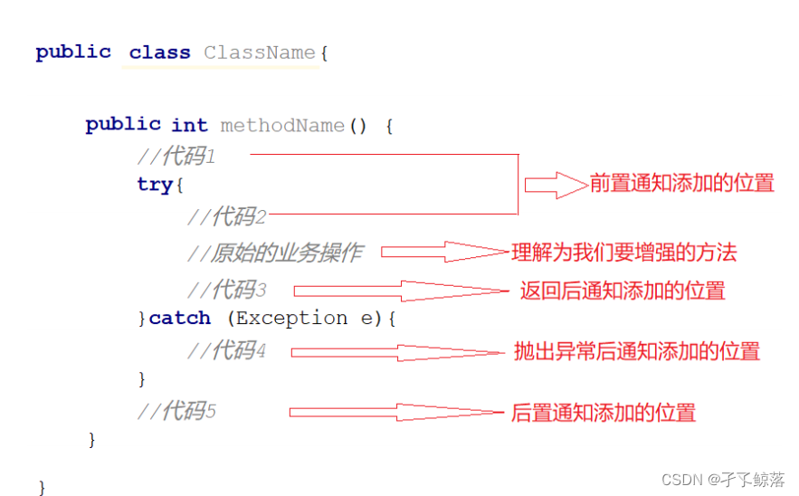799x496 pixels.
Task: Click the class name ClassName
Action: [259, 52]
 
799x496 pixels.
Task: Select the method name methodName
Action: [282, 126]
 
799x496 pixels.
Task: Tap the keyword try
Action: [155, 185]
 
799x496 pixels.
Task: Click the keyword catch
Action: [180, 319]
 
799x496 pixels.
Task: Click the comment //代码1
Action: [176, 157]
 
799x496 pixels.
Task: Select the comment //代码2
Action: [226, 216]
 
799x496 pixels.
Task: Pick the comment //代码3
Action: [226, 291]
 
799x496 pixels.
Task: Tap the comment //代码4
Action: [226, 350]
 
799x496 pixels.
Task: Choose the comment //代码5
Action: [176, 412]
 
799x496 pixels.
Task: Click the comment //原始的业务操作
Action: [274, 253]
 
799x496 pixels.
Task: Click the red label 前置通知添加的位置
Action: [682, 184]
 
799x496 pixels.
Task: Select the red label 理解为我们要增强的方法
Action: [624, 253]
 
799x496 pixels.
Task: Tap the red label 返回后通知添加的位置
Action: [623, 291]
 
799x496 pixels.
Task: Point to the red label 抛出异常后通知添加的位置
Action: [637, 351]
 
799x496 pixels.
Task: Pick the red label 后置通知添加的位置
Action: [604, 413]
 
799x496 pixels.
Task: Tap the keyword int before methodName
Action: [189, 126]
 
